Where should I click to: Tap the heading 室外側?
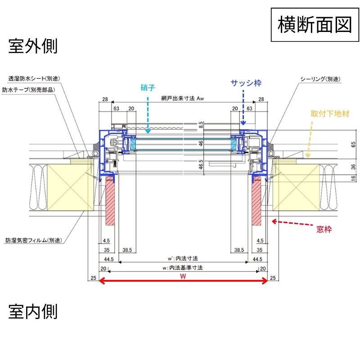point(33,46)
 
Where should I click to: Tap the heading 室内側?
point(33,311)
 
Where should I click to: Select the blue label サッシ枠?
point(246,83)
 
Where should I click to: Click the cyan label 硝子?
point(148,88)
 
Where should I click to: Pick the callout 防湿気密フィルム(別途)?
point(33,240)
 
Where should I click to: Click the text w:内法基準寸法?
point(183,268)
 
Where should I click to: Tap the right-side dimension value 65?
point(353,144)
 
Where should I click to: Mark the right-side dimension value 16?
point(353,179)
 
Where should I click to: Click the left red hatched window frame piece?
point(111,201)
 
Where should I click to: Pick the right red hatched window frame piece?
point(256,201)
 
